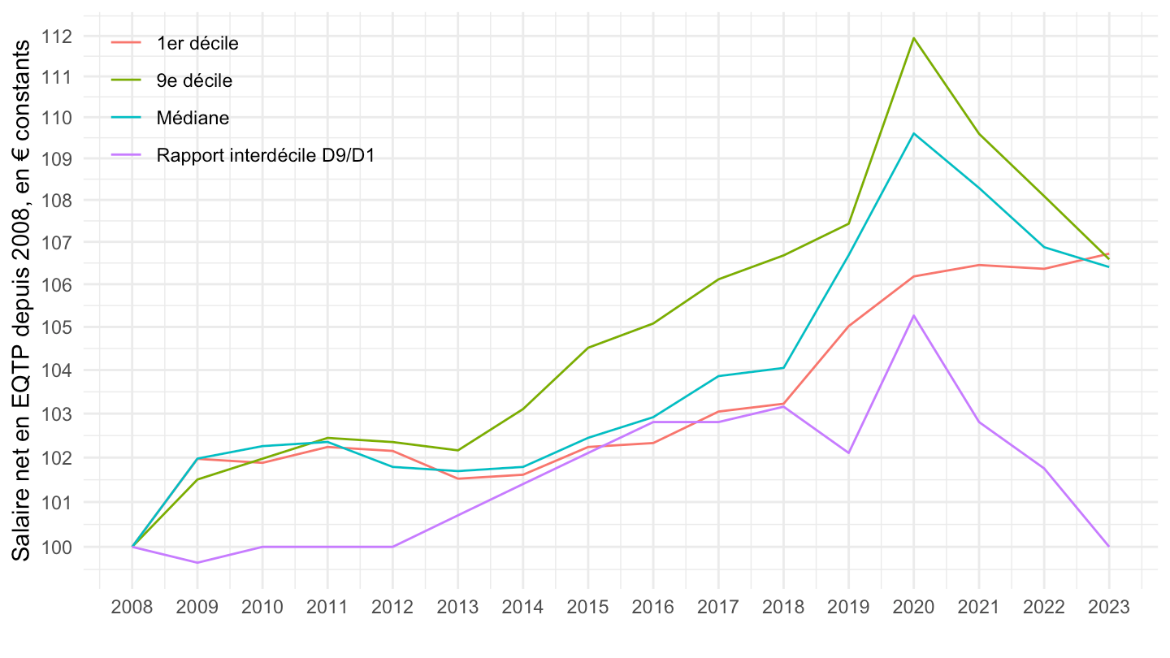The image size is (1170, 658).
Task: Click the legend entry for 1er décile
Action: point(197,44)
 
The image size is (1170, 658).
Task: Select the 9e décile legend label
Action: point(194,80)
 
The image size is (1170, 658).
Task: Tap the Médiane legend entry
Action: point(193,118)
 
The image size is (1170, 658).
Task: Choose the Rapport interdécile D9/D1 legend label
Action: point(266,155)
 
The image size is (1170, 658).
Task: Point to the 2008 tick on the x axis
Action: point(132,608)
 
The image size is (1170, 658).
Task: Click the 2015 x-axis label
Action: point(588,608)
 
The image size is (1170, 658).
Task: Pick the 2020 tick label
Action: point(914,608)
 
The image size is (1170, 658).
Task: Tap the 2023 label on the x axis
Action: point(1109,608)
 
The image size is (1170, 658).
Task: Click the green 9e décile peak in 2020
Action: point(914,37)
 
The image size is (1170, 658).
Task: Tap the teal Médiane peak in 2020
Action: point(914,133)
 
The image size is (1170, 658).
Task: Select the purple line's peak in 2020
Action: point(914,315)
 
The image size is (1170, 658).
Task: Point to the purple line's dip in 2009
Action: point(197,562)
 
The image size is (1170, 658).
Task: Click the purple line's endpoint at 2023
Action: point(1109,547)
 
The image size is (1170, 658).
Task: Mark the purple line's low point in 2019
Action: point(848,452)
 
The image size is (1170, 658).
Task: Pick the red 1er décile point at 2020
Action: point(914,276)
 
